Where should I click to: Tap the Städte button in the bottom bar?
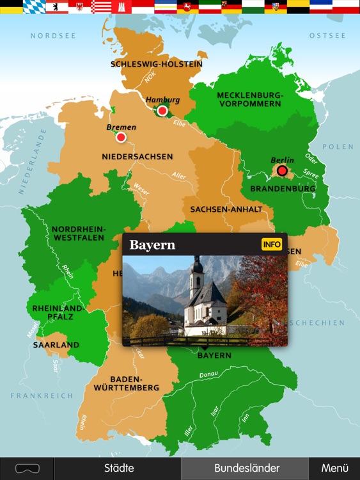[119, 468]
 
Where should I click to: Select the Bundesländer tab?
[246, 468]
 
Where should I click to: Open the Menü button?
[334, 468]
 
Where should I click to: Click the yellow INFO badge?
[272, 244]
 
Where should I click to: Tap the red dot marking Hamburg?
[162, 111]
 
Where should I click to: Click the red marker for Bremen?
[121, 137]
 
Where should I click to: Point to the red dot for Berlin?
[282, 170]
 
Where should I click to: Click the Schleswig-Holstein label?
[157, 64]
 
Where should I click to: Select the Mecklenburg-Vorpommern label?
[249, 99]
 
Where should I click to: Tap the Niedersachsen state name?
[137, 156]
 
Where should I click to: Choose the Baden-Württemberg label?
[134, 383]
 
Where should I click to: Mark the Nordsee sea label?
[49, 36]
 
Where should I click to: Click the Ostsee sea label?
[327, 36]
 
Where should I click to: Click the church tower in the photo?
[197, 275]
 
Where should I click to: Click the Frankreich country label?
[42, 396]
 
